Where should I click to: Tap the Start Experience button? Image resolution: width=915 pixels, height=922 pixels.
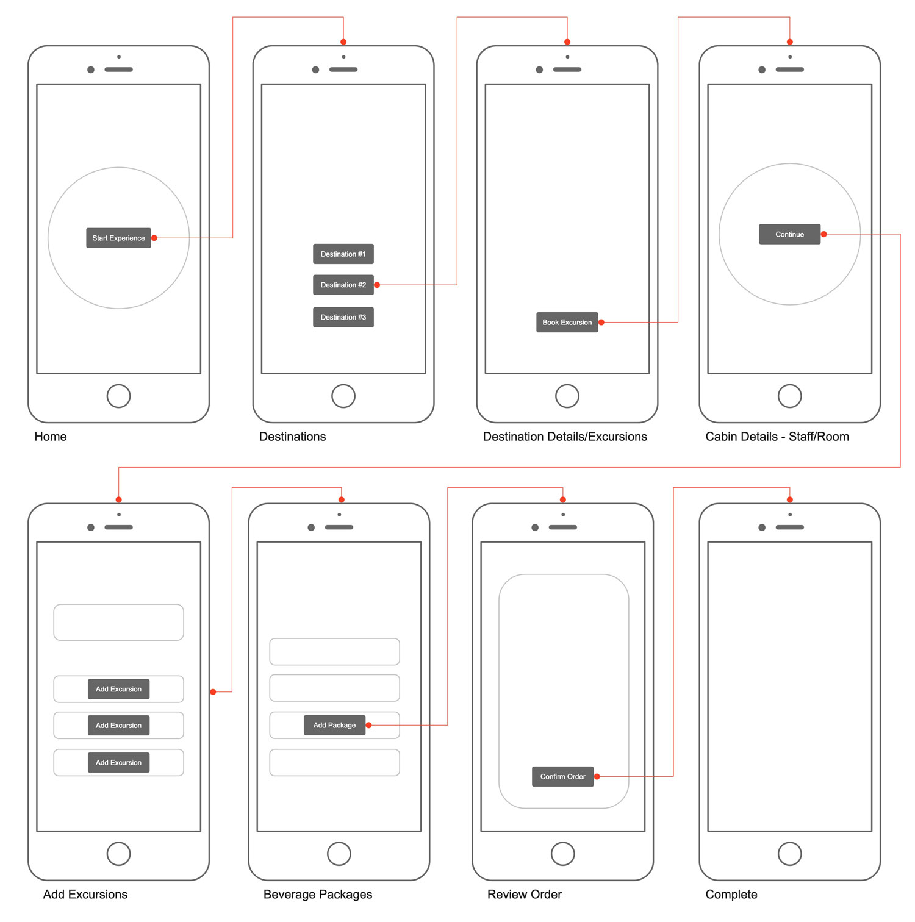point(118,238)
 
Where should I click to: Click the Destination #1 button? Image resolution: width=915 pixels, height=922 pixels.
point(343,254)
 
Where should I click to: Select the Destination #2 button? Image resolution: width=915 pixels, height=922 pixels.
point(343,285)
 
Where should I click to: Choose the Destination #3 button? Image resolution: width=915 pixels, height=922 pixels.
point(343,317)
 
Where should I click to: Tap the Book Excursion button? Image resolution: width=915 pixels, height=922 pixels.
point(567,322)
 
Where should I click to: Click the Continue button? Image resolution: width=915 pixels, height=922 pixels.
point(789,234)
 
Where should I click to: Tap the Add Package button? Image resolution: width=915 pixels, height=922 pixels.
point(334,725)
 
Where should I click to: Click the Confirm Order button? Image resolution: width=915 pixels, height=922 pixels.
point(562,776)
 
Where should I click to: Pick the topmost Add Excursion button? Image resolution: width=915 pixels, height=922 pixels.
point(118,689)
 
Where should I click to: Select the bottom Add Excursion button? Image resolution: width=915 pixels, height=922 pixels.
point(118,762)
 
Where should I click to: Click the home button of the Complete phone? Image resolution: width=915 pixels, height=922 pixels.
point(789,854)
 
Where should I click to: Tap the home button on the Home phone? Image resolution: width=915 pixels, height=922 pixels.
point(118,396)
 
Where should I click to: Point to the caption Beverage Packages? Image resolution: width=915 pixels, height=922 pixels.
point(317,894)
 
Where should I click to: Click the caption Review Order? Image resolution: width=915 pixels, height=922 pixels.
point(524,894)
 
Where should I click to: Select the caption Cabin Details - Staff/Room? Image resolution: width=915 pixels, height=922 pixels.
point(777,437)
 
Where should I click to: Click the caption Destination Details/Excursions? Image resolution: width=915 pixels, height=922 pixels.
point(564,437)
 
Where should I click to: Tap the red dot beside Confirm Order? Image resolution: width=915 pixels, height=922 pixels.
point(597,776)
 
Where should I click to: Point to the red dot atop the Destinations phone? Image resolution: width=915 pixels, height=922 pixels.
point(343,42)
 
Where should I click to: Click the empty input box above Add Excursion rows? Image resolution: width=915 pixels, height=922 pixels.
point(118,622)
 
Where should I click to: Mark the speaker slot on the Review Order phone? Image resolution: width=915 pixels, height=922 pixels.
point(562,527)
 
